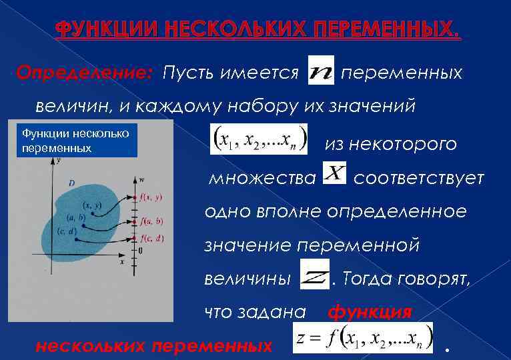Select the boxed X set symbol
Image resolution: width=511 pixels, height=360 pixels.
tap(334, 176)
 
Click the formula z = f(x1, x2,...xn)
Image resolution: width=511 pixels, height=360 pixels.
tap(363, 338)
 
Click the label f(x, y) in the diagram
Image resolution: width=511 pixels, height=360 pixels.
tap(150, 198)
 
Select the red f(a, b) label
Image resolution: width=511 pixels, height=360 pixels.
tap(151, 221)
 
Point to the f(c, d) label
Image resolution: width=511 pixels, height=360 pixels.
tap(151, 239)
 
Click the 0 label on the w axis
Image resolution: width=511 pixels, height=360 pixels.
tap(140, 251)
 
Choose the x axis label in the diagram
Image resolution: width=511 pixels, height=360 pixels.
tap(122, 261)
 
